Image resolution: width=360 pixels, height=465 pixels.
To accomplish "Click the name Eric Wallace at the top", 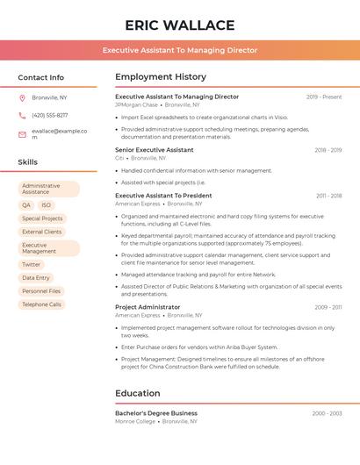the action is [x=180, y=25].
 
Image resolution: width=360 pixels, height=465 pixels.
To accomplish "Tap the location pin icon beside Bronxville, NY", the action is [x=23, y=97].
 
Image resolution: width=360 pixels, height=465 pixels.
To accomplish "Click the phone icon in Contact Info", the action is [x=23, y=115].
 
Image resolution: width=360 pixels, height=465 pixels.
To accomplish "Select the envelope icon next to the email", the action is [x=23, y=133].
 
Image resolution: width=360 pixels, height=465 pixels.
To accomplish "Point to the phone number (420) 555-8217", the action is [x=49, y=115].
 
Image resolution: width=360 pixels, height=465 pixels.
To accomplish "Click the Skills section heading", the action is [x=28, y=162].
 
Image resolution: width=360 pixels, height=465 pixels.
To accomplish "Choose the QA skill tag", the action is [x=26, y=204].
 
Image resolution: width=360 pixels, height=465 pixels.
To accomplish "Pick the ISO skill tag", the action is [x=47, y=204].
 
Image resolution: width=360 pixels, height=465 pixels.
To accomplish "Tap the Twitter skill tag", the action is [x=32, y=264].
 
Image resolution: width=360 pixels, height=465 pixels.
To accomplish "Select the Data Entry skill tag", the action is [x=36, y=277].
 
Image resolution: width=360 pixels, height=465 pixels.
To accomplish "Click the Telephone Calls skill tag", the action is [x=41, y=304].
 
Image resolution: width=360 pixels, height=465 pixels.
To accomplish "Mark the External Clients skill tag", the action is [x=41, y=232].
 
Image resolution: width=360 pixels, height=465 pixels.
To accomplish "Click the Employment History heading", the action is [x=161, y=77].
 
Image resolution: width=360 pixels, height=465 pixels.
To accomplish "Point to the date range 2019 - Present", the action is [x=324, y=97].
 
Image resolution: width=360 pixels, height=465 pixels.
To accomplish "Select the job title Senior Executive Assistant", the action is [x=155, y=150].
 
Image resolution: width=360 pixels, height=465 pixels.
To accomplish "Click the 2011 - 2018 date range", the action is [x=328, y=196].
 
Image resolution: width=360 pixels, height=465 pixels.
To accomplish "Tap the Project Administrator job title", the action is [x=148, y=307].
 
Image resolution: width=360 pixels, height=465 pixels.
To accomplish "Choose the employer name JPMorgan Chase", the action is [x=136, y=104].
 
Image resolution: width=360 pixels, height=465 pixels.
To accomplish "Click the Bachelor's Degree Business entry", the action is [x=156, y=412].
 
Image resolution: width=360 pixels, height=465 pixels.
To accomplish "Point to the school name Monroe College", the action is [x=135, y=421].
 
